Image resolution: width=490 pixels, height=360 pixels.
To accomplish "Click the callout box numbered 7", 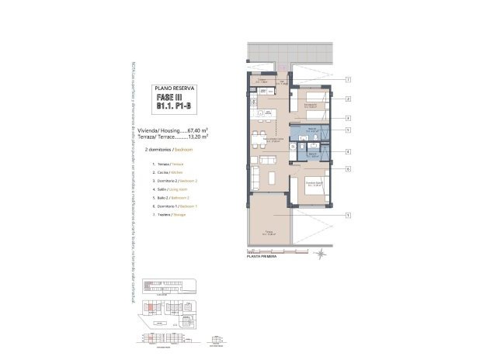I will tap(349, 80).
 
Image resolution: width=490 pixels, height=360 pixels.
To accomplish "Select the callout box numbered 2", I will tap(349, 99).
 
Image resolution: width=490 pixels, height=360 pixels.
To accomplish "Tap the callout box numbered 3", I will tap(349, 118).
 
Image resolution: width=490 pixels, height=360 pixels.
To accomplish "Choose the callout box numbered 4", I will tap(349, 152).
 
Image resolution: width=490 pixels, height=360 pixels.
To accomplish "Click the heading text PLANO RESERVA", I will tap(175, 89).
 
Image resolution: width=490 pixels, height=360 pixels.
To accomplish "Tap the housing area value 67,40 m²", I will tap(200, 130).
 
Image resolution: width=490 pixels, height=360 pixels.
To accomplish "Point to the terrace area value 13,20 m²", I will tap(200, 137).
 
